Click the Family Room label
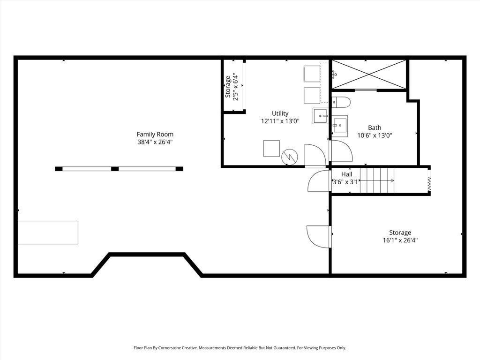pos(155,134)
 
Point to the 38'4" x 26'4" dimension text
pos(155,142)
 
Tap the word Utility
pos(280,113)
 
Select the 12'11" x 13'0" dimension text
pos(280,121)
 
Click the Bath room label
pos(375,127)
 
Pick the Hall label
pos(346,174)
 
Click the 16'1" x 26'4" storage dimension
pos(400,240)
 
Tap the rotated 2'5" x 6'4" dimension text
pos(235,87)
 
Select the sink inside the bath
pos(340,126)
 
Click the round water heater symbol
pos(290,157)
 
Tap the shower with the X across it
pos(369,74)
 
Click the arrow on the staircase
pos(376,180)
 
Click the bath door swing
pos(341,150)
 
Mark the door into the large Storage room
pos(319,236)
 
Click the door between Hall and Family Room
pos(319,181)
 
